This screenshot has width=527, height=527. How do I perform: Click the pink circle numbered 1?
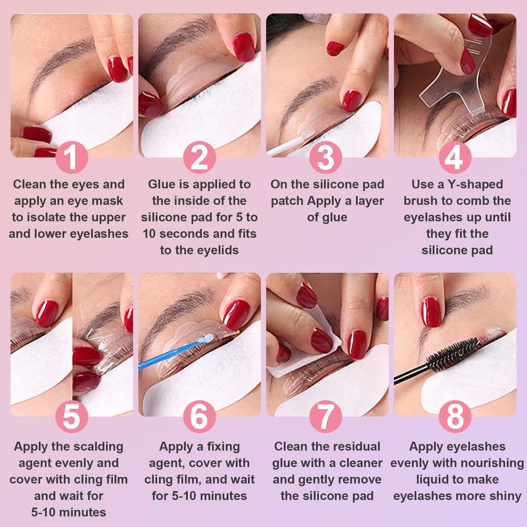coord(72,157)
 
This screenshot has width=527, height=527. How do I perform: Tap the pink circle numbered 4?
coord(455,157)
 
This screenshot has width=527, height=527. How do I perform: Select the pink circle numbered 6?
coord(199,416)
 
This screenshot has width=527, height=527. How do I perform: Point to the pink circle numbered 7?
coord(325,416)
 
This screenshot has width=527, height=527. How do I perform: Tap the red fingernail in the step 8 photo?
coord(432,312)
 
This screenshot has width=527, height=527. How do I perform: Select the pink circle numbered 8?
coord(455,416)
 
